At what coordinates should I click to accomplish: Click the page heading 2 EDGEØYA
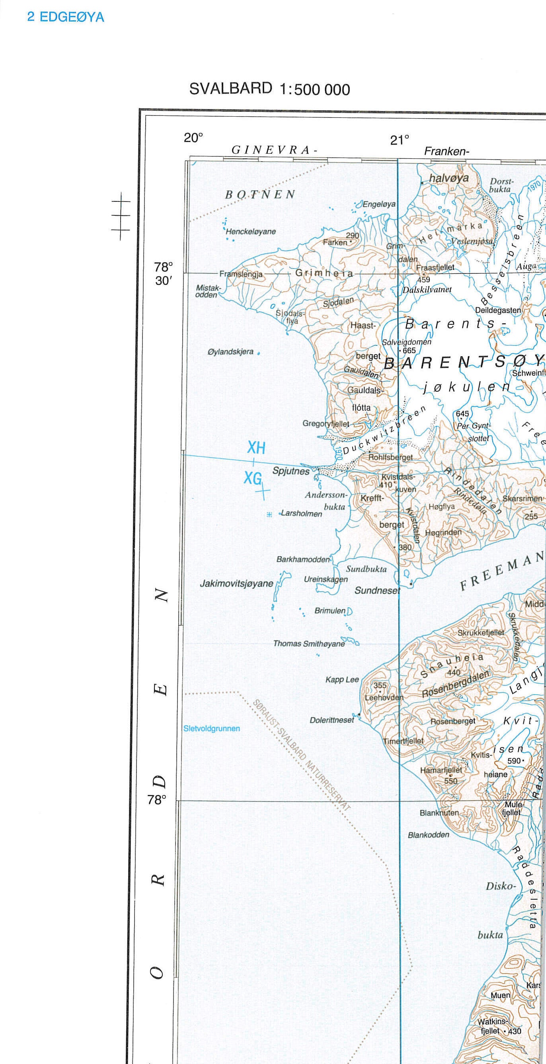(65, 17)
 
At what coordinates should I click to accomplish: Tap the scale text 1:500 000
(315, 90)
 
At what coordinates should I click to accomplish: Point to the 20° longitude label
(193, 138)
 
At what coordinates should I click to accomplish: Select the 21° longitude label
(400, 140)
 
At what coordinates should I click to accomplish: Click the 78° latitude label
(157, 800)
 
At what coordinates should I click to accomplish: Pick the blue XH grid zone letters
(256, 447)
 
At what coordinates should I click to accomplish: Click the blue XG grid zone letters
(252, 478)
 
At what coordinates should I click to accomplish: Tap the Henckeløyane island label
(251, 231)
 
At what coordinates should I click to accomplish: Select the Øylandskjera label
(230, 351)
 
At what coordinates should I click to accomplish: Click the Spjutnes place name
(291, 471)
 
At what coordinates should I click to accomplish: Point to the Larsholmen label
(302, 513)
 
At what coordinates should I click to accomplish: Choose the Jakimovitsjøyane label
(237, 583)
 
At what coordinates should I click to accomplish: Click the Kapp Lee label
(342, 679)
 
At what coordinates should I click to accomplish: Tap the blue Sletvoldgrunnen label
(211, 728)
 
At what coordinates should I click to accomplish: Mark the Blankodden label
(428, 835)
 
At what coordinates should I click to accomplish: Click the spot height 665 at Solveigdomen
(409, 350)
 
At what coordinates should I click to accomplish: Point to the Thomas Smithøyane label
(309, 644)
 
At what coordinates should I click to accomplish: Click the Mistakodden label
(208, 291)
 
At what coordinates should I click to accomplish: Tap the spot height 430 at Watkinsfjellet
(515, 1031)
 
